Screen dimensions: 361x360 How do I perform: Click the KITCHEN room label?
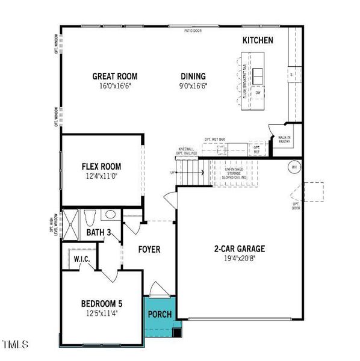(258, 40)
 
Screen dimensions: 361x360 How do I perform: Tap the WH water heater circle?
(295, 167)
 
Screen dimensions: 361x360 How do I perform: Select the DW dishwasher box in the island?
(257, 93)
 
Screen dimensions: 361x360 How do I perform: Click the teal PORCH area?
(160, 314)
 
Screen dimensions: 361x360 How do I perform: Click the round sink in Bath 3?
(110, 214)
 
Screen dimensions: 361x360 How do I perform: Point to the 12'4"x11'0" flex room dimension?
(101, 176)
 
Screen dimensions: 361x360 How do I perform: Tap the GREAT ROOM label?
(114, 76)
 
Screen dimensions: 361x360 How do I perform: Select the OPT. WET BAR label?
(215, 138)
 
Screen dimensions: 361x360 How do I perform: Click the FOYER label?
(149, 249)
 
